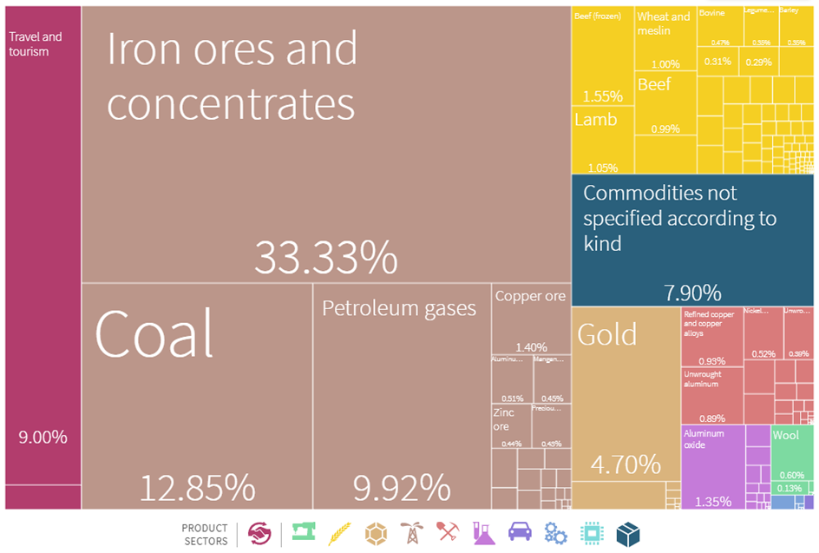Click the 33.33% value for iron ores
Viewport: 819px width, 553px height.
[325, 257]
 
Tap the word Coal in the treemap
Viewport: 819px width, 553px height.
[154, 333]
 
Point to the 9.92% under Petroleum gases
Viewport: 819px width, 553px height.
[401, 488]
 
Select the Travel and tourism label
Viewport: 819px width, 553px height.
[35, 44]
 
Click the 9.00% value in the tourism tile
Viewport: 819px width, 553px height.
[43, 438]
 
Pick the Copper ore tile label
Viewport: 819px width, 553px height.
[530, 297]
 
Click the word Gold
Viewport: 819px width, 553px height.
[607, 334]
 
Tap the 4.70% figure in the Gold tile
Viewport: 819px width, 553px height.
[626, 465]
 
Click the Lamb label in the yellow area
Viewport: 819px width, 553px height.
[595, 120]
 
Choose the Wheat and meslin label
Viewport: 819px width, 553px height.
[664, 23]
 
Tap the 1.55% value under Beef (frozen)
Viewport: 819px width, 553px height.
[602, 96]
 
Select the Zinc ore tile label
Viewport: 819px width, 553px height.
[504, 419]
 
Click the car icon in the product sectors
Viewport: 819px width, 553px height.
[519, 532]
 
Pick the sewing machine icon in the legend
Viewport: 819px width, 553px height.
[303, 532]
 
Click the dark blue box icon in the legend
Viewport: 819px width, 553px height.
[627, 533]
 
